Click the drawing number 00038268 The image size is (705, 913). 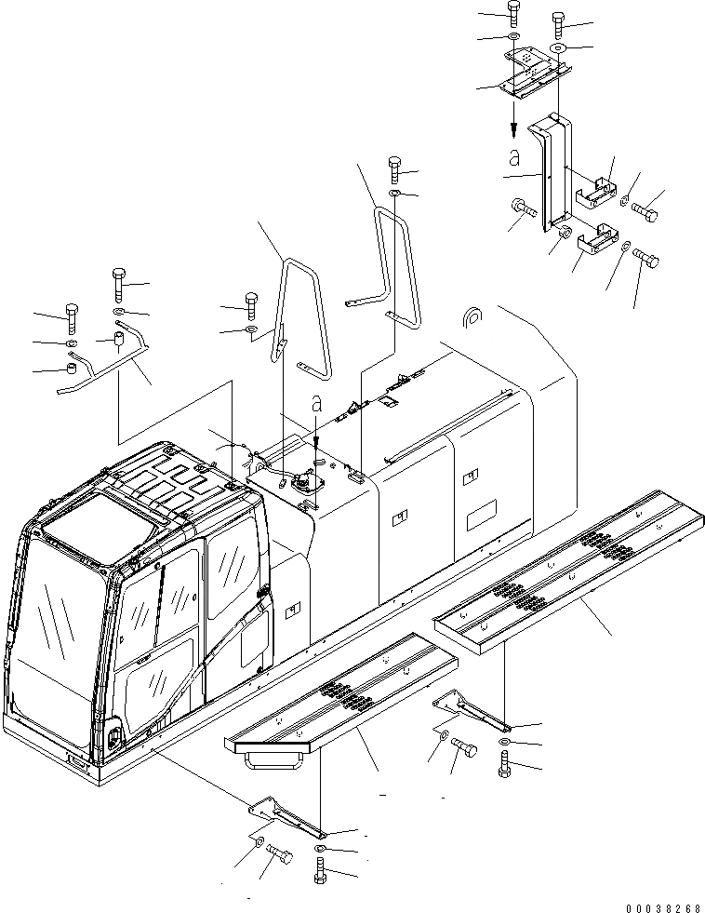pos(663,904)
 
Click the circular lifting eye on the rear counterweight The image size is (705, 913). pos(472,316)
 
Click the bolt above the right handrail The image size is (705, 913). pos(395,169)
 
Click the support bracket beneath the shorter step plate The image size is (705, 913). pos(284,814)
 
